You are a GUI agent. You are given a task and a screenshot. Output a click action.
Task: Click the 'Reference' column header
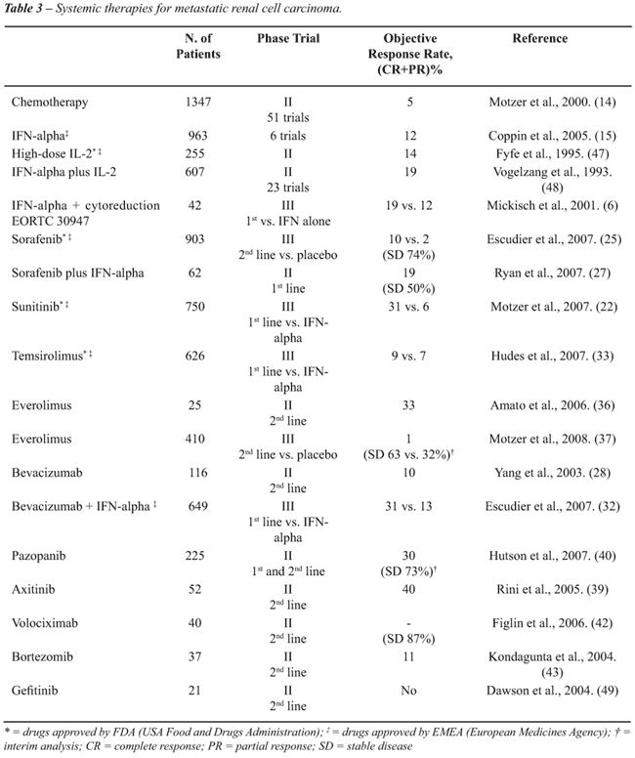click(539, 39)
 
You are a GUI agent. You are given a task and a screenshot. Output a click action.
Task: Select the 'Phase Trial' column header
click(288, 39)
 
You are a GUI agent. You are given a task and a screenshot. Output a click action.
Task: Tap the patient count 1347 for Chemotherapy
click(198, 101)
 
